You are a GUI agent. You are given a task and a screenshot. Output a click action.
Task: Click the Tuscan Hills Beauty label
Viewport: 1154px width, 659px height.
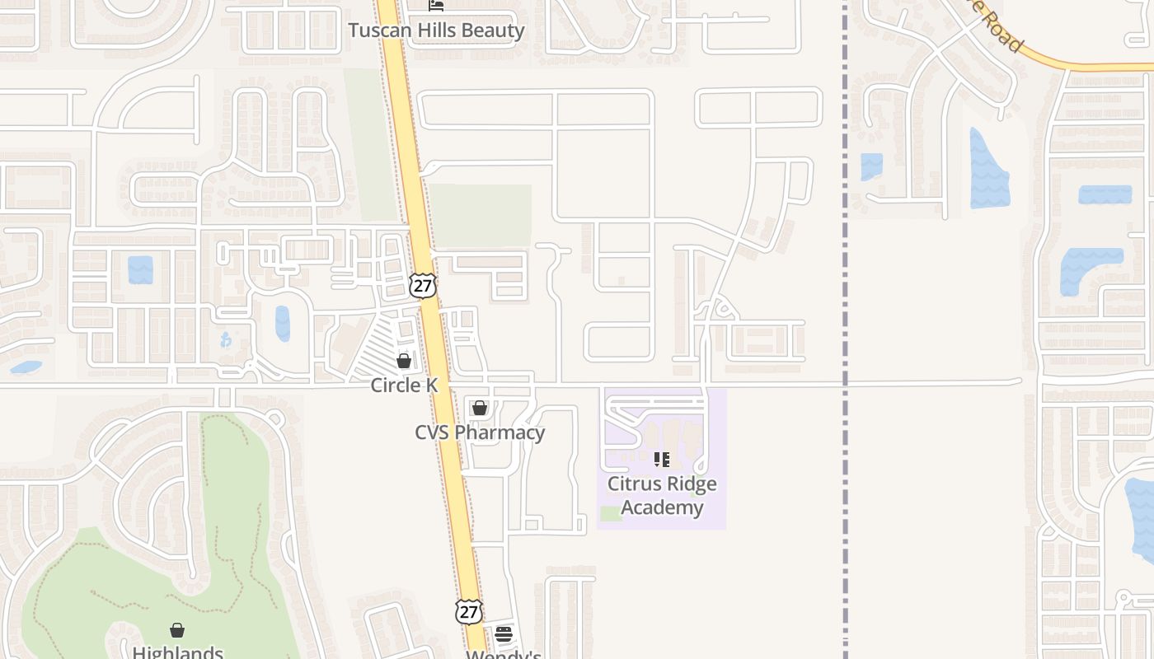tap(436, 30)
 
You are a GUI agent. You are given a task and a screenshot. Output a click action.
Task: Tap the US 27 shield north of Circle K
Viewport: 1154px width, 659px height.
tap(422, 285)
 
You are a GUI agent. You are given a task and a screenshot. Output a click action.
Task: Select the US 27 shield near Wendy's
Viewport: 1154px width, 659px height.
tap(468, 611)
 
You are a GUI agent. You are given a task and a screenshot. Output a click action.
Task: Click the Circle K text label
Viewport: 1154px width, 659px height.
tap(404, 385)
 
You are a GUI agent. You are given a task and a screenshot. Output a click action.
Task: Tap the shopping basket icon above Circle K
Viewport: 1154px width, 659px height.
tap(404, 361)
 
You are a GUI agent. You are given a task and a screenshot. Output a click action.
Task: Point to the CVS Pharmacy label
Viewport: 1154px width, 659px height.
tap(480, 432)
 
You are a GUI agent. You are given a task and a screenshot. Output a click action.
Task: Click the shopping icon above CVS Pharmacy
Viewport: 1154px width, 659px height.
tap(480, 408)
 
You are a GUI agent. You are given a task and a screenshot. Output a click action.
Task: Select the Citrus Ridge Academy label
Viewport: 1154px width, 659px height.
tap(662, 495)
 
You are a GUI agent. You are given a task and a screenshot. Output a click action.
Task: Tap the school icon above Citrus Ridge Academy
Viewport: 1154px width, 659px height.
tap(662, 459)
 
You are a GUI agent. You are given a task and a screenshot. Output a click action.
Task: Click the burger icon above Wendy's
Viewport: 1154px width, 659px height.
tap(504, 634)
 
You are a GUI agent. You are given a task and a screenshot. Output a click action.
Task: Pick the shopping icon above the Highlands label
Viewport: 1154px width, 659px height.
tap(177, 630)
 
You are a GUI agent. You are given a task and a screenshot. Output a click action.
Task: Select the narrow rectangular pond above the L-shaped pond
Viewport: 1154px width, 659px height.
tap(1105, 194)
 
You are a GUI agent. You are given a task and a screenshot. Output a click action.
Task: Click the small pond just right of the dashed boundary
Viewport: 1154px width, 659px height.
tap(871, 166)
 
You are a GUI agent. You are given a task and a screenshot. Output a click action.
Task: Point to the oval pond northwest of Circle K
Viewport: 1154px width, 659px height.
tap(283, 323)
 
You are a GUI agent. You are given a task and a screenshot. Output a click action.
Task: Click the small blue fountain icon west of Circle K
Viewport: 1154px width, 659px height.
tap(226, 339)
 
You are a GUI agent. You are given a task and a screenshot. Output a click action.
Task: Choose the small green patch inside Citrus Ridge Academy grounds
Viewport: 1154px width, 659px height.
tap(611, 513)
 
